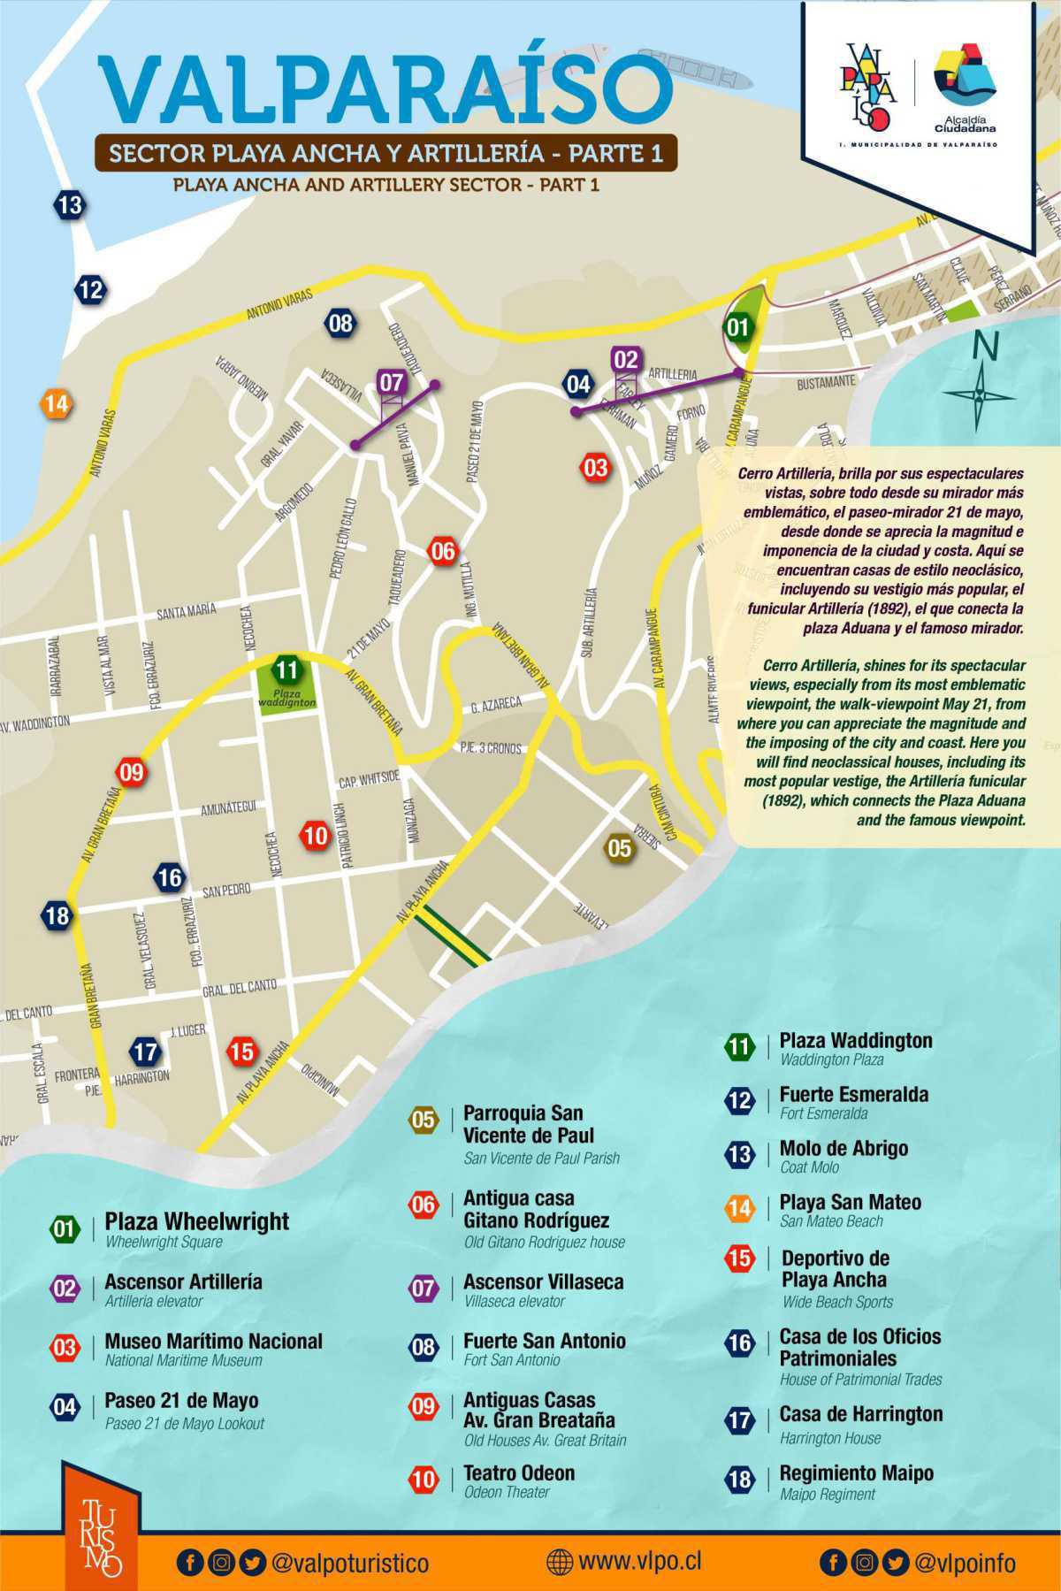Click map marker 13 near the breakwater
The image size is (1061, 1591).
point(69,205)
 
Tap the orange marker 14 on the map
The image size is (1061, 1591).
point(56,404)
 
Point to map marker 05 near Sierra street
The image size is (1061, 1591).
point(619,848)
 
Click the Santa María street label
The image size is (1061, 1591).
point(187,611)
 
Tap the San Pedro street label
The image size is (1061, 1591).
point(226,891)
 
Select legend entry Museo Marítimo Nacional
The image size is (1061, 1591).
point(213,1341)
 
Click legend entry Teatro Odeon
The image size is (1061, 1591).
point(519,1473)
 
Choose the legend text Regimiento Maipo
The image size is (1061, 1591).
point(856,1473)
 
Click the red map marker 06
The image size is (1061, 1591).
point(442,551)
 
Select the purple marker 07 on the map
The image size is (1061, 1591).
point(392,383)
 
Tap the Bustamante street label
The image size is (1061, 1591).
point(826,383)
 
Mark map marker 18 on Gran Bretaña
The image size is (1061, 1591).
point(57,914)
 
